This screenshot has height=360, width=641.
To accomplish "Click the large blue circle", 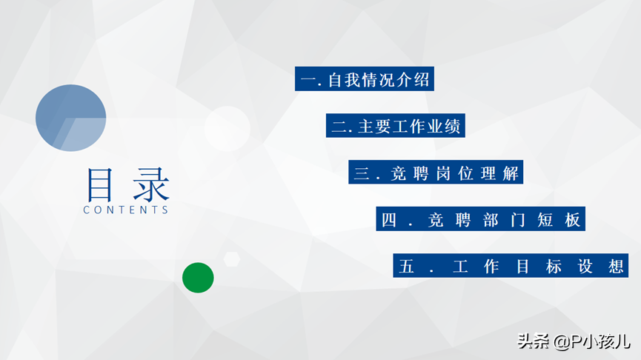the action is [70, 118].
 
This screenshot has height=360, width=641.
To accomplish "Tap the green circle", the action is [198, 278].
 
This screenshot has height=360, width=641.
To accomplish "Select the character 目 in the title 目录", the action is [99, 184].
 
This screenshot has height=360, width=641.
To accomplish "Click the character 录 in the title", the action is [151, 184].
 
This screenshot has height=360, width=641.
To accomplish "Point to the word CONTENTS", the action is [126, 210].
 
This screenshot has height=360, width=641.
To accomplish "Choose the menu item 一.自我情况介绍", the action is [365, 79].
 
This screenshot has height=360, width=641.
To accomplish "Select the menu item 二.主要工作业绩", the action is [395, 125].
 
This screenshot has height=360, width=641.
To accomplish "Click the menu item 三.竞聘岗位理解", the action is [436, 172].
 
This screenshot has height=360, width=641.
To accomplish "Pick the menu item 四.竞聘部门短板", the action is [481, 219].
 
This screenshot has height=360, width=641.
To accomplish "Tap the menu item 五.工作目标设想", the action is [511, 266].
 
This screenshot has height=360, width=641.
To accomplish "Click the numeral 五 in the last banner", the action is [406, 267].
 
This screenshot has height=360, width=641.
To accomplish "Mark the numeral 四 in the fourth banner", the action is [389, 220].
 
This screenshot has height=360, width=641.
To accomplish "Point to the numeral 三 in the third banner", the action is [362, 173].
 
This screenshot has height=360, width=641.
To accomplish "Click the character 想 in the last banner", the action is [616, 267].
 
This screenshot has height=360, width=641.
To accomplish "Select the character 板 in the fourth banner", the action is [572, 220].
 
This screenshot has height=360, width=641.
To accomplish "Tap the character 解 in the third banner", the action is [511, 173].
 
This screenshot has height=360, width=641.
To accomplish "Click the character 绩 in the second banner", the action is [453, 127].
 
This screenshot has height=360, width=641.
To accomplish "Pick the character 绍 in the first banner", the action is [422, 80].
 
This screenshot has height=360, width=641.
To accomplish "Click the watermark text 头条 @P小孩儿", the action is [574, 341].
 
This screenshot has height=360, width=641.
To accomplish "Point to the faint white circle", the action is [227, 129].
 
